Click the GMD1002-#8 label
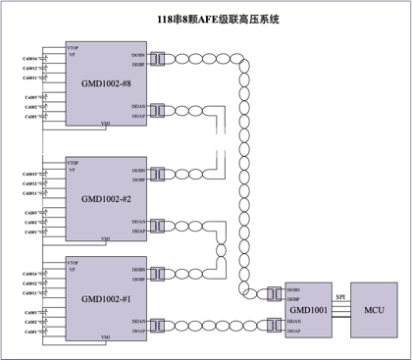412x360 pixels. click(106, 84)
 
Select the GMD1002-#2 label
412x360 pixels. click(106, 199)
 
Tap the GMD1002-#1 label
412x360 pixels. click(106, 299)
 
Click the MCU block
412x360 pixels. click(374, 310)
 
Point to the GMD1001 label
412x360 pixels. click(309, 310)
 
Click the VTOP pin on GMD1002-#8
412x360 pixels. click(74, 47)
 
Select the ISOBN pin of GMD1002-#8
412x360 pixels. click(138, 55)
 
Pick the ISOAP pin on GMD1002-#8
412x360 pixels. click(138, 116)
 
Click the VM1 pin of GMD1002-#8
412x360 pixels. click(106, 124)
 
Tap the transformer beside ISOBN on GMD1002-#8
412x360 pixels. click(157, 60)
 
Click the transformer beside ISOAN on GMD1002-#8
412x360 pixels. click(157, 111)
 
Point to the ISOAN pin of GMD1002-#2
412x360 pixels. click(138, 222)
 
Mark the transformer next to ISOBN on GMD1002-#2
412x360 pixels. click(157, 175)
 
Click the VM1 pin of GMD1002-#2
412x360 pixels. click(106, 238)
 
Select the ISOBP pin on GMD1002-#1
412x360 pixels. click(138, 280)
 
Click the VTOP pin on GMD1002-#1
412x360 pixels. click(74, 261)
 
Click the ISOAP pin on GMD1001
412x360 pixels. click(293, 332)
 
